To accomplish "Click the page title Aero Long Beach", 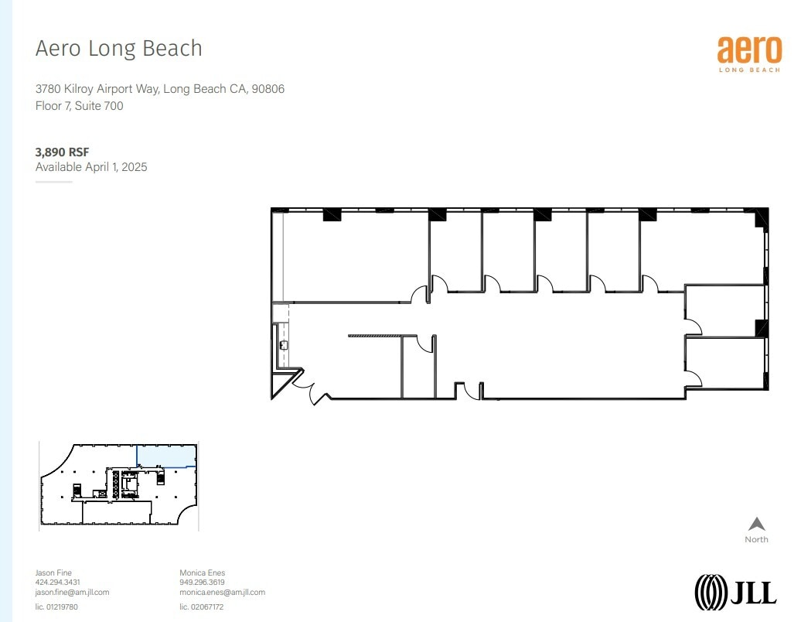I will click(119, 49).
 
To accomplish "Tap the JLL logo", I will click(735, 592).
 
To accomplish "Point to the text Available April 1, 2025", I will click(91, 166).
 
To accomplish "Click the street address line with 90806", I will click(160, 89).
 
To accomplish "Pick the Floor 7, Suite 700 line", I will click(79, 106).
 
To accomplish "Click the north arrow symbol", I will click(757, 524).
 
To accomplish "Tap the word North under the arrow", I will click(756, 539).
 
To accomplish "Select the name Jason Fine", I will click(53, 572).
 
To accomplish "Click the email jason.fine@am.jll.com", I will click(72, 592).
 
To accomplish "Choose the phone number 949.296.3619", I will click(202, 583).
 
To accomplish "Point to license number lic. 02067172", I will click(201, 607).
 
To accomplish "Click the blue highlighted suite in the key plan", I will click(165, 456).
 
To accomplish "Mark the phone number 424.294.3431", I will click(58, 583).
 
